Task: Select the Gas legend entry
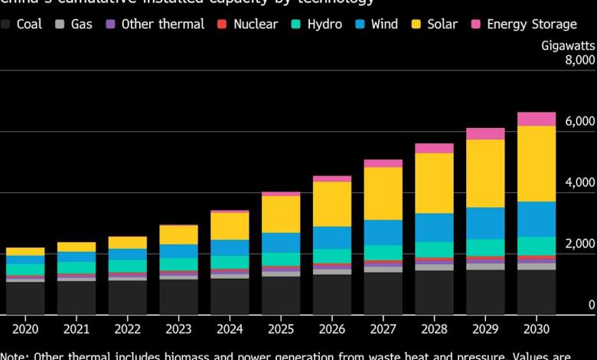click(x=73, y=24)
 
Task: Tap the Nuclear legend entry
click(x=248, y=24)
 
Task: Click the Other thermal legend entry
click(x=155, y=24)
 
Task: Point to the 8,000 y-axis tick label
click(x=579, y=60)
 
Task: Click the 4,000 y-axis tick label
click(x=579, y=182)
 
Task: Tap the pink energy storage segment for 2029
click(x=485, y=133)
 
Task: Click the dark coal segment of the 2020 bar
click(x=25, y=297)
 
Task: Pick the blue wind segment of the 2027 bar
click(x=383, y=232)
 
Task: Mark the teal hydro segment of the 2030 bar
click(x=537, y=245)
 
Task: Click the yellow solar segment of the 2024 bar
click(x=230, y=226)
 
